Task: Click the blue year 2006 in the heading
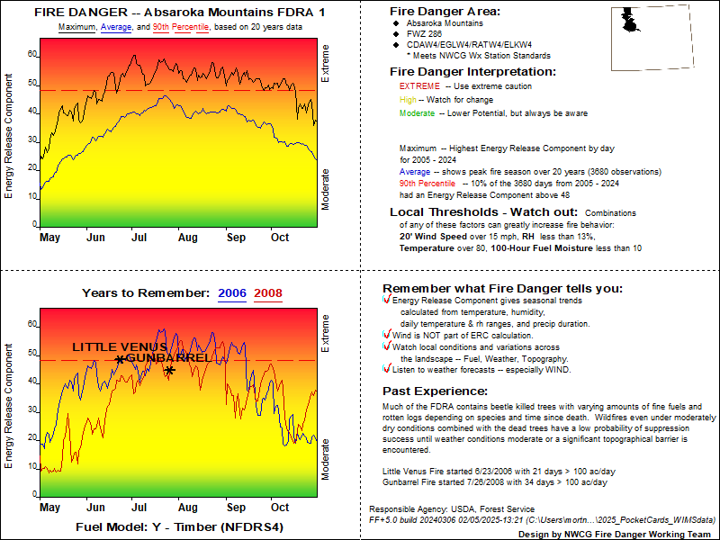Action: click(x=232, y=292)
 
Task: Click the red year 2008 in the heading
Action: click(x=268, y=292)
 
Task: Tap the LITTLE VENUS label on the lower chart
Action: click(x=120, y=346)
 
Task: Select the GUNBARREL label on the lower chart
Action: click(x=168, y=358)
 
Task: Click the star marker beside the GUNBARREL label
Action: click(x=169, y=370)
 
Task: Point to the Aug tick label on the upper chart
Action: click(x=187, y=238)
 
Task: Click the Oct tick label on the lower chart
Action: click(x=280, y=508)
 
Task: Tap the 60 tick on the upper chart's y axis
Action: click(x=33, y=54)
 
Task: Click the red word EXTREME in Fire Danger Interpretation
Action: click(x=418, y=86)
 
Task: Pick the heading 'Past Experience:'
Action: click(x=436, y=391)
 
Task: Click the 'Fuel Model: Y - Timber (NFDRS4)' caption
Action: click(x=180, y=526)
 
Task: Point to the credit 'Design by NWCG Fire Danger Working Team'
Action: click(x=617, y=534)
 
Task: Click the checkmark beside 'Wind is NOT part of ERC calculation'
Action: click(x=386, y=334)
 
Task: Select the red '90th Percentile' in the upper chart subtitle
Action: click(x=181, y=28)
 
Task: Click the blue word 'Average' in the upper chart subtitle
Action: click(x=116, y=28)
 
